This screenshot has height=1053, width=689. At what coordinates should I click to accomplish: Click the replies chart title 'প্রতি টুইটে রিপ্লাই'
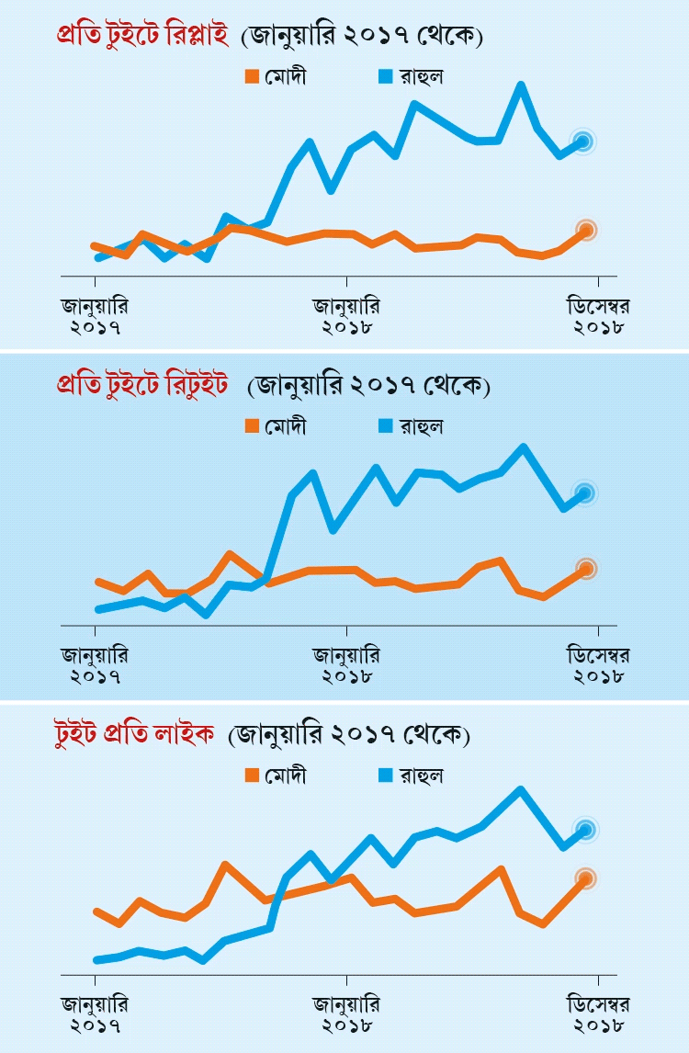139,36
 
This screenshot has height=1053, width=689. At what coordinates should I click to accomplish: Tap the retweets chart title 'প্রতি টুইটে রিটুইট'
141,386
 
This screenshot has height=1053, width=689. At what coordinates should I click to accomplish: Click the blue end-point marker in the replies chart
582,141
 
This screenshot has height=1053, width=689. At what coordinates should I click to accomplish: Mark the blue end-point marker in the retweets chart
583,493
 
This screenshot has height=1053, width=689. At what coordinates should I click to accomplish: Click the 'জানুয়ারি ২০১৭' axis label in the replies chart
95,315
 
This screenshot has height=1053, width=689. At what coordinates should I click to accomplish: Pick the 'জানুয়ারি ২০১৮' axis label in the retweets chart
346,666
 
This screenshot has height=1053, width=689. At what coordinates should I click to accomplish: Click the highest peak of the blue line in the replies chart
521,85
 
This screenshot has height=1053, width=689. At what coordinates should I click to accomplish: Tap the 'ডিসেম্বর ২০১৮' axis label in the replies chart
598,315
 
